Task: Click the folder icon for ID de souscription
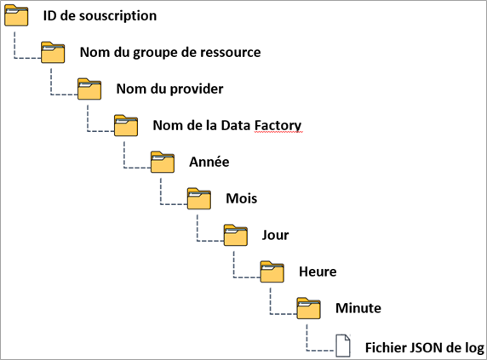pos(16,15)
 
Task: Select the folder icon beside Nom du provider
pos(89,89)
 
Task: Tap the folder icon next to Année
pos(163,162)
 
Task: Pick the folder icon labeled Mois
pos(199,198)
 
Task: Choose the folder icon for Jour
pos(236,235)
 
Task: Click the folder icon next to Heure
pos(272,271)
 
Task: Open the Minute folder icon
pos(309,308)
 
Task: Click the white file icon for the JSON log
pos(343,346)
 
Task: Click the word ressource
pos(231,52)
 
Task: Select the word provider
pos(197,89)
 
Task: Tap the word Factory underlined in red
pos(278,126)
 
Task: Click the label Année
pos(209,162)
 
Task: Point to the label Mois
pos(242,198)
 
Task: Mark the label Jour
pos(276,235)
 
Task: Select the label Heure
pos(318,271)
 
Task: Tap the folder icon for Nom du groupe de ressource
pos(53,52)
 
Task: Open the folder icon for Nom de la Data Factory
pos(126,125)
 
